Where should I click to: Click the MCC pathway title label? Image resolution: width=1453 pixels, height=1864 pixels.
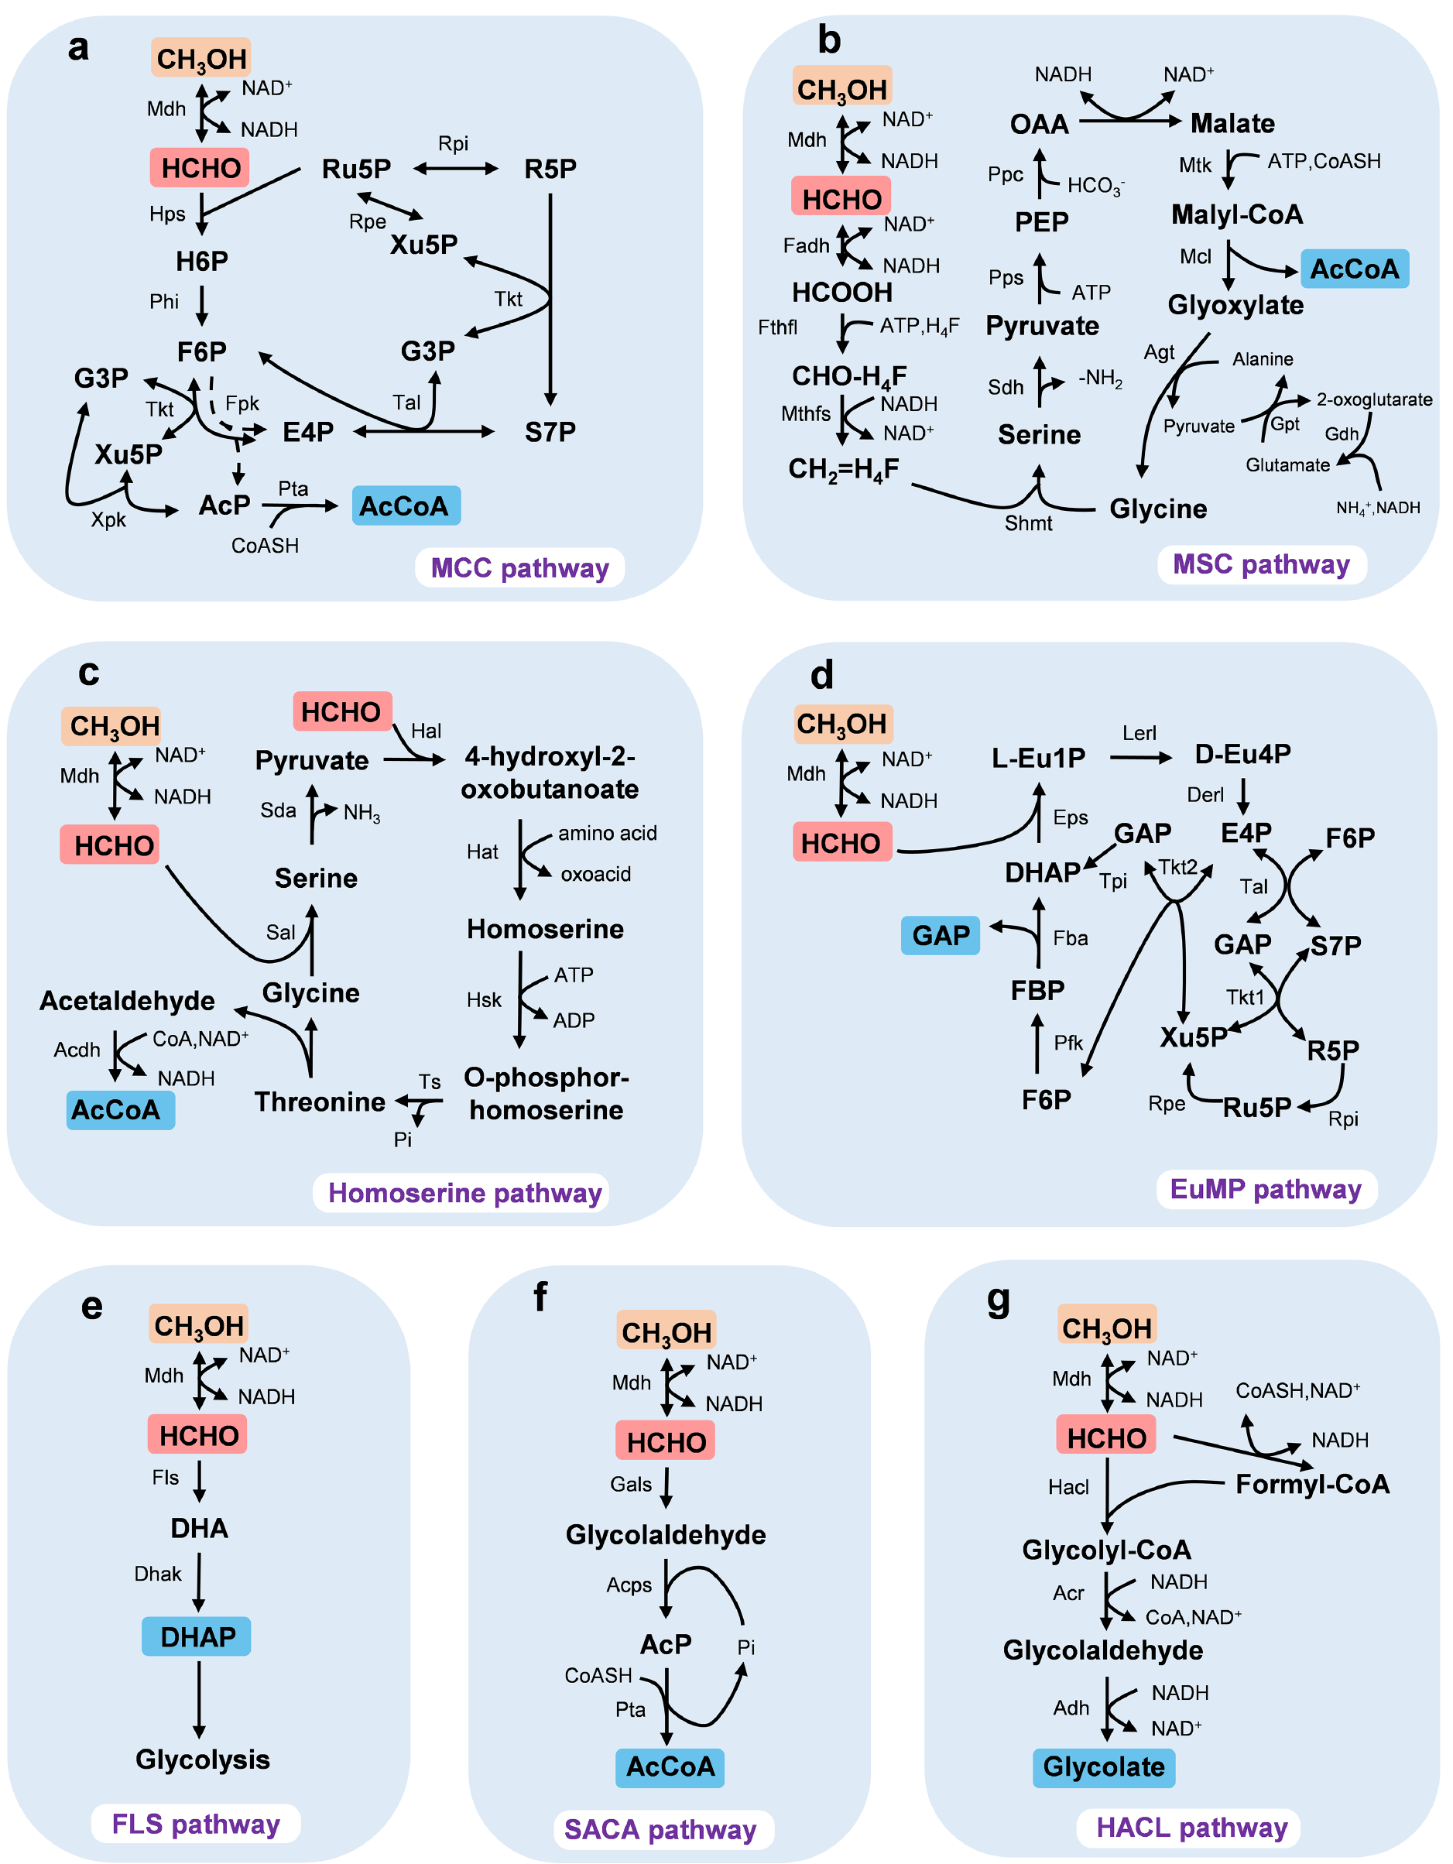coord(519,567)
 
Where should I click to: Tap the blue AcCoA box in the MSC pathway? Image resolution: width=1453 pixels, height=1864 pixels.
coord(1354,269)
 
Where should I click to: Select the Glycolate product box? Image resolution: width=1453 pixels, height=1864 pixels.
coord(1103,1766)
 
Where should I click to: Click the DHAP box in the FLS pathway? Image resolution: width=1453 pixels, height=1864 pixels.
coord(197,1636)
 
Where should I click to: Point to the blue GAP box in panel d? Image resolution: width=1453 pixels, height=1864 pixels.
coord(940,935)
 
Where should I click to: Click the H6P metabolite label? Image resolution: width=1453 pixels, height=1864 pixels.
coord(201,260)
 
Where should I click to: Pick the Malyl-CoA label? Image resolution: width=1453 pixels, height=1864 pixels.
coord(1236,214)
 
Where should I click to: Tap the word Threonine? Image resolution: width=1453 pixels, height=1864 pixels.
coord(319,1102)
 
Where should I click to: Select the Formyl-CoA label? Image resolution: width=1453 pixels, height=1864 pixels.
coord(1312,1484)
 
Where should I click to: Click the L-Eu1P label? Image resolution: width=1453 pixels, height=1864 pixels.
coord(1038,757)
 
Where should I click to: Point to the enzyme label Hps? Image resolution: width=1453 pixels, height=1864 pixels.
coord(167,214)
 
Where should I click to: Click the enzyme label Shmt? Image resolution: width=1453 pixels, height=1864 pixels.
coord(1028,523)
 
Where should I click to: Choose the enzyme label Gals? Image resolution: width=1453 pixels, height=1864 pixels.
coord(631,1484)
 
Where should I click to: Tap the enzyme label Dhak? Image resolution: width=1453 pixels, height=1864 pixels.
coord(158,1573)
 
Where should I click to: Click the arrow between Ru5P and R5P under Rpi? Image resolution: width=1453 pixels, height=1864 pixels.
coord(455,169)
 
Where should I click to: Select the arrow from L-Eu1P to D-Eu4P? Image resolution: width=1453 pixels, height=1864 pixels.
coord(1139,757)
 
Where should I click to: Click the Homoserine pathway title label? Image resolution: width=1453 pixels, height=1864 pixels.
coord(464,1192)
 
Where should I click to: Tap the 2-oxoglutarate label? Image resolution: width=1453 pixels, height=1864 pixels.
coord(1373,399)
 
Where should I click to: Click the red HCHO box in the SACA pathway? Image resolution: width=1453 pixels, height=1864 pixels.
coord(665,1441)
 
